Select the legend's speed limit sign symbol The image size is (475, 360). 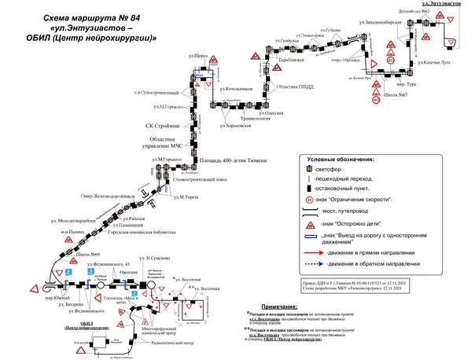(310, 200)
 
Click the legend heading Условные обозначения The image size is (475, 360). (345, 158)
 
